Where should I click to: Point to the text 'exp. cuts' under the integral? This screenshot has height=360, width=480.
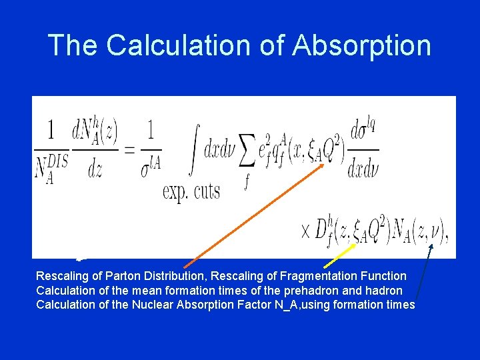coord(191,191)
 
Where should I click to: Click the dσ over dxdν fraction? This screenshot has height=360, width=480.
coord(363,151)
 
